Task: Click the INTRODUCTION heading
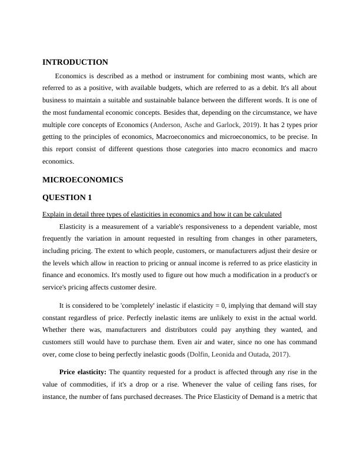pos(75,62)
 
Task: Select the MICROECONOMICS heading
pos(82,180)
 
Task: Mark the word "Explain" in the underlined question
pos(54,214)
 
